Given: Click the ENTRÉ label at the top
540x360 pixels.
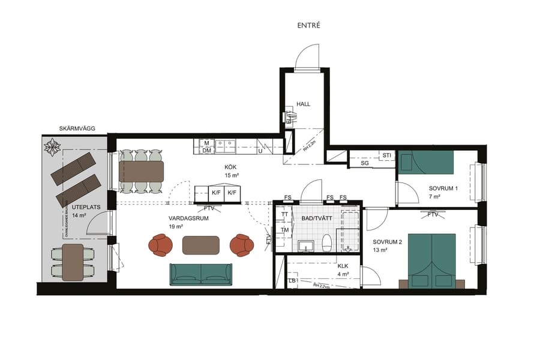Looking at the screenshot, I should pyautogui.click(x=309, y=26).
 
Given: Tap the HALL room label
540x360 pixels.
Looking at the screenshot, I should pyautogui.click(x=304, y=104).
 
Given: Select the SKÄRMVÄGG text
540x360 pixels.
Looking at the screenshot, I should pyautogui.click(x=77, y=128).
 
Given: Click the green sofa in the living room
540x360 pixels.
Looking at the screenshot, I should pyautogui.click(x=201, y=274).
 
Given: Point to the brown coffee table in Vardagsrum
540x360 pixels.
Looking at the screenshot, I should pyautogui.click(x=201, y=245).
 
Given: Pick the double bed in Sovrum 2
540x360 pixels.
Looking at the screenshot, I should pyautogui.click(x=432, y=258).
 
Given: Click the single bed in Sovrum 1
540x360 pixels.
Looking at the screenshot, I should pyautogui.click(x=426, y=162).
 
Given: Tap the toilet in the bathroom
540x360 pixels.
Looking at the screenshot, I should pyautogui.click(x=328, y=243).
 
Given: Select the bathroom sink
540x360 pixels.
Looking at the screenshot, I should pyautogui.click(x=306, y=246).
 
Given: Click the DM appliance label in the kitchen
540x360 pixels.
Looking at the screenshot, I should pyautogui.click(x=206, y=151).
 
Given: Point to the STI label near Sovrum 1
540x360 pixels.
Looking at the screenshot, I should pyautogui.click(x=386, y=155).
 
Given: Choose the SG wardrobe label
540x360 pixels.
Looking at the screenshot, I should pyautogui.click(x=364, y=163).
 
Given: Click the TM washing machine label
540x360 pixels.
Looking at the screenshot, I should pyautogui.click(x=285, y=230).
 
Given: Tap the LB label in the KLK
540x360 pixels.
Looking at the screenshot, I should pyautogui.click(x=292, y=281).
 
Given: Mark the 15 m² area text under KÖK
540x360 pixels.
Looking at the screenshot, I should pyautogui.click(x=232, y=175).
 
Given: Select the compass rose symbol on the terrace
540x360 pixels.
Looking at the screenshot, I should pyautogui.click(x=53, y=146).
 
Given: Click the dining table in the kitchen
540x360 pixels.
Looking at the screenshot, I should pyautogui.click(x=142, y=171).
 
